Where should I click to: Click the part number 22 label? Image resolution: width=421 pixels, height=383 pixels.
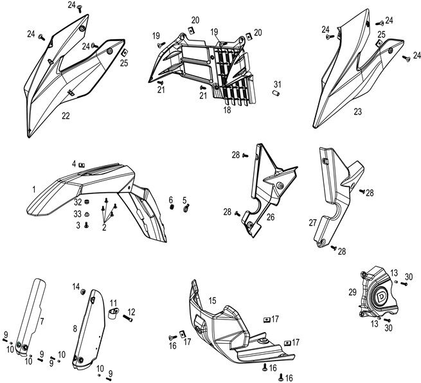pos(66,116)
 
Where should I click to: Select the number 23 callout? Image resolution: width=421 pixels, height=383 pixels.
pos(357,111)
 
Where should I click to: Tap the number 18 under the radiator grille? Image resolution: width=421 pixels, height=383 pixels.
pos(227,110)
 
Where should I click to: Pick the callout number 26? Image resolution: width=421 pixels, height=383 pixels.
pos(271,217)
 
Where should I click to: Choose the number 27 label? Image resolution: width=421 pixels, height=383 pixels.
pos(312,222)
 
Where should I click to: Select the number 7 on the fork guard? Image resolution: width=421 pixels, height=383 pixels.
pos(42,319)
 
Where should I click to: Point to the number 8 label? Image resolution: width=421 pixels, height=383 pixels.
pos(76,328)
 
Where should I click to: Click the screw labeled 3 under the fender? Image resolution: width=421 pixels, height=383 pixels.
pos(86,226)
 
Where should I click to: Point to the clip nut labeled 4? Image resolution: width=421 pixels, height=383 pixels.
pos(82,165)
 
